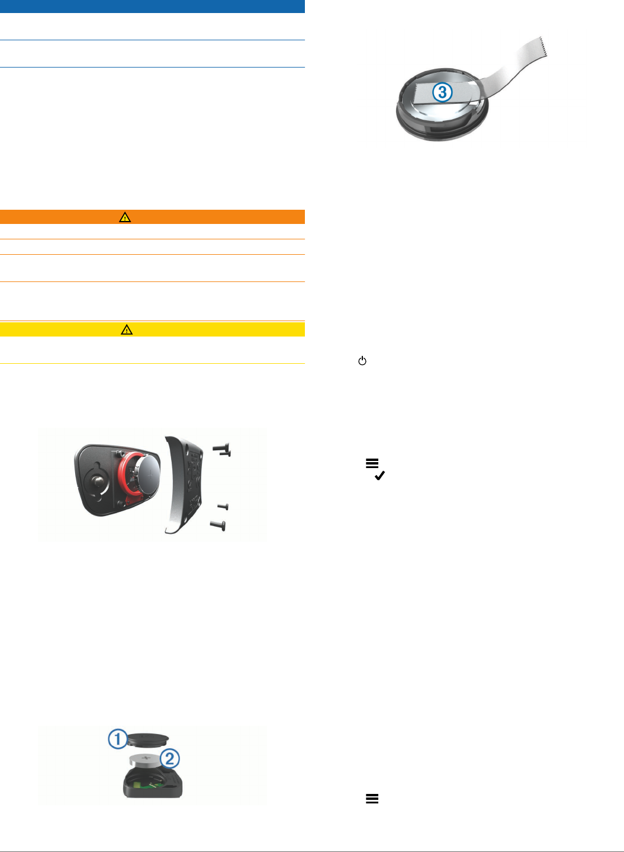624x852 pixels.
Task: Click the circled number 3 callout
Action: pyautogui.click(x=442, y=92)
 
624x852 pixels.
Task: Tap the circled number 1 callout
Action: pyautogui.click(x=118, y=739)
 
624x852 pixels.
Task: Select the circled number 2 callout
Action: pyautogui.click(x=170, y=758)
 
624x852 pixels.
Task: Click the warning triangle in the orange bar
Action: pyautogui.click(x=125, y=217)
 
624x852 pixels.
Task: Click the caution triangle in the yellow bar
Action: pyautogui.click(x=127, y=330)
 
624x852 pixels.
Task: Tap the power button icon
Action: pyautogui.click(x=362, y=361)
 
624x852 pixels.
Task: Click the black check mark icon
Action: pyautogui.click(x=379, y=475)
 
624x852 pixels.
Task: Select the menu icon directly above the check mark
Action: pyautogui.click(x=372, y=463)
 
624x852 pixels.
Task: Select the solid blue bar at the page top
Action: pyautogui.click(x=152, y=7)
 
